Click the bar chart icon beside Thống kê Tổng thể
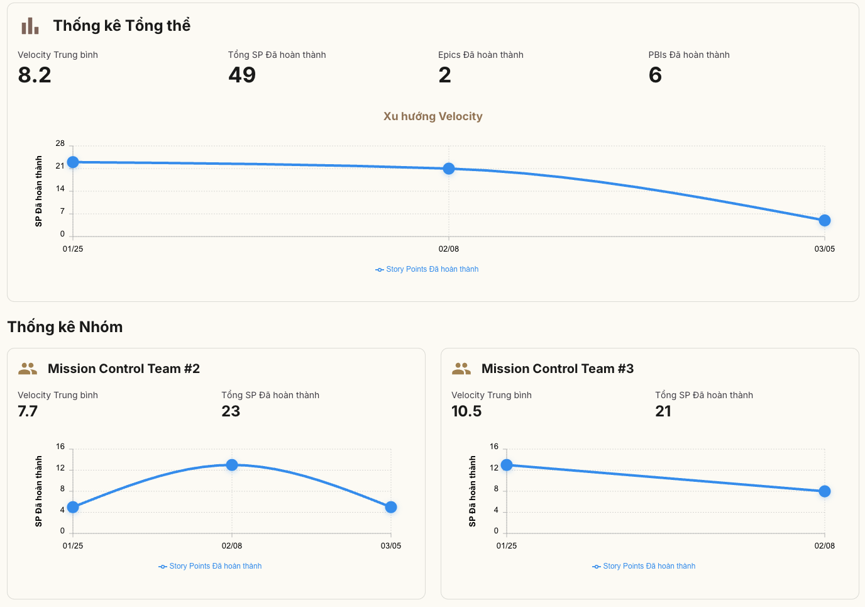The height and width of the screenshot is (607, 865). click(30, 26)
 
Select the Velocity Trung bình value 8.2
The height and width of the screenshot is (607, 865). click(35, 75)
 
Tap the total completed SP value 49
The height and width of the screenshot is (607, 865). click(242, 75)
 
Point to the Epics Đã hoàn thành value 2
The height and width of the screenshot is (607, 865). click(444, 75)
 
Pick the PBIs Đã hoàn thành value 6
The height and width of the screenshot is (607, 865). click(655, 75)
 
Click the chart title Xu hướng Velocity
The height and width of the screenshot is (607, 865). click(432, 116)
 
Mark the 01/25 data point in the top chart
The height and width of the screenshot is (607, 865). click(73, 162)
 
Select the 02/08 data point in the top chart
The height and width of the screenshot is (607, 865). click(449, 169)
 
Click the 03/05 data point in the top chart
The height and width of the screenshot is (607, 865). click(825, 220)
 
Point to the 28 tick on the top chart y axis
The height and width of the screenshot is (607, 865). click(60, 143)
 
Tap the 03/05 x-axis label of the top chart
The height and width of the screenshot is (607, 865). click(825, 249)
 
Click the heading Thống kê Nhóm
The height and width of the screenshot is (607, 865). click(65, 327)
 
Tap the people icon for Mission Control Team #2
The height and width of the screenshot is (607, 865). click(28, 369)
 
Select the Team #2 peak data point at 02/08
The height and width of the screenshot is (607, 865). click(232, 465)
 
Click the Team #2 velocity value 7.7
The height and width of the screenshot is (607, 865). click(28, 411)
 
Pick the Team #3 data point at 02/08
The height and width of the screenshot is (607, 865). click(825, 491)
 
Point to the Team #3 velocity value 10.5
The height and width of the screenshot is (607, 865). click(466, 411)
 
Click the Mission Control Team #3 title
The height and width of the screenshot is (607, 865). click(557, 369)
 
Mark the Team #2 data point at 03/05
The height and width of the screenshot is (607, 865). click(391, 507)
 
